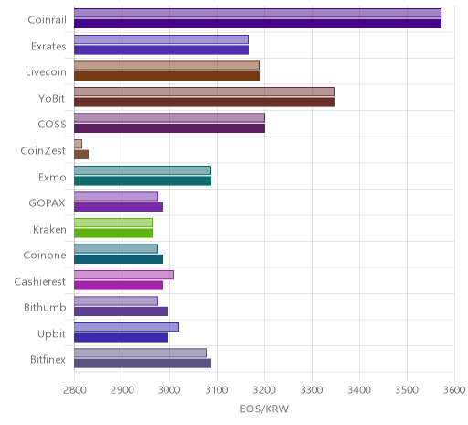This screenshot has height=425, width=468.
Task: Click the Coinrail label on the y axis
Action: coord(47,20)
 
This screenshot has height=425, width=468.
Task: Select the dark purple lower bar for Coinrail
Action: coord(258,24)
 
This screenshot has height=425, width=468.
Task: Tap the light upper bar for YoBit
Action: coord(204,92)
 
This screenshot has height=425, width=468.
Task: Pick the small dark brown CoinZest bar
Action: coord(81,155)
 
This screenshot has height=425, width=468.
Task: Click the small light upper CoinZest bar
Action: coord(78,144)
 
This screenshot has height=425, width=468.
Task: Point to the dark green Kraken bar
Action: coord(113,233)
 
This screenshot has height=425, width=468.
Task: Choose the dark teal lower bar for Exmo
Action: coord(143,180)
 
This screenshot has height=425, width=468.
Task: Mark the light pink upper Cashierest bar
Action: coord(123,275)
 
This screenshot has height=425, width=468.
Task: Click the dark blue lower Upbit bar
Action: coord(121,338)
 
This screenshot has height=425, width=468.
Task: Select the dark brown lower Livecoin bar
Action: coord(166,76)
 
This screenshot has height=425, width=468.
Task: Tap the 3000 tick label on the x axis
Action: coord(169,390)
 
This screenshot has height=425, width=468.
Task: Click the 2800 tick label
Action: coord(74,390)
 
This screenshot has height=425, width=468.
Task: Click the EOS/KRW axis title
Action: coord(264,409)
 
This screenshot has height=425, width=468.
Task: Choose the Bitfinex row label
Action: coord(48,360)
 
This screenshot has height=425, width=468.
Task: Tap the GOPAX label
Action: coord(48,203)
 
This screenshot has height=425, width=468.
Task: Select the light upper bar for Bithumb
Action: coord(116,301)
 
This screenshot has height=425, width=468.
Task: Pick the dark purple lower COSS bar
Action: coord(169,128)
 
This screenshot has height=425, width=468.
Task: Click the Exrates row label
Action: coord(48,47)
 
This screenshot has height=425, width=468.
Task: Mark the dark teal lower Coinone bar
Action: coord(118,259)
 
